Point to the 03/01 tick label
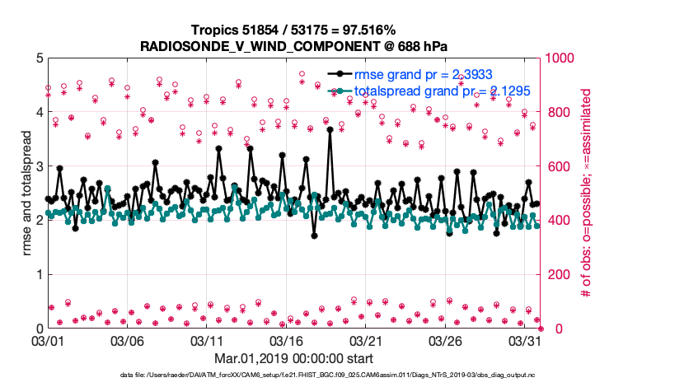click(48, 340)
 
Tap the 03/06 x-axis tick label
click(128, 340)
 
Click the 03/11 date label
click(208, 340)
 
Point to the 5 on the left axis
click(40, 58)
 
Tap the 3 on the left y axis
click(40, 166)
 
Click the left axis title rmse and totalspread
click(26, 193)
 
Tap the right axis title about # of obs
click(587, 193)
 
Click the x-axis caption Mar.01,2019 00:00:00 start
click(294, 358)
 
